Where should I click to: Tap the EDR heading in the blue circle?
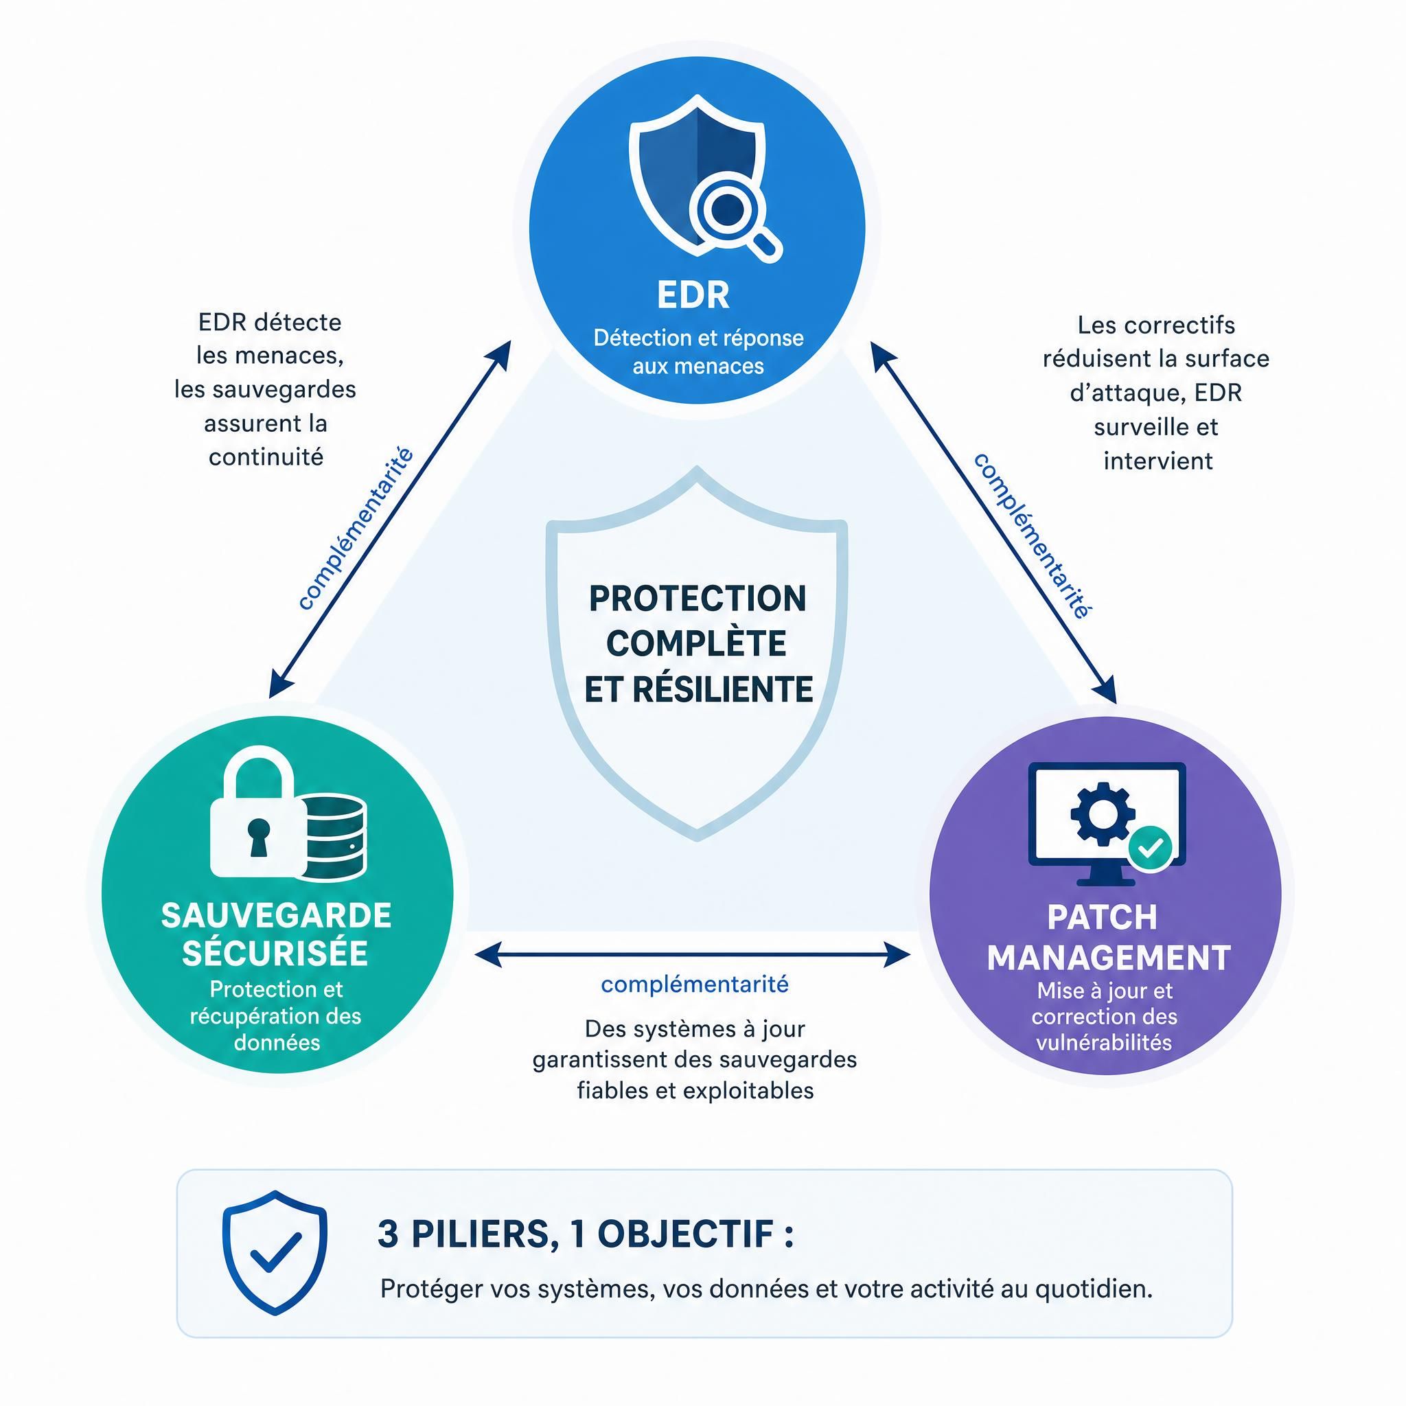click(x=693, y=295)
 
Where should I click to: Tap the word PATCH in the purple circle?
click(x=1102, y=918)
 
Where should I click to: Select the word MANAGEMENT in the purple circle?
click(x=1108, y=958)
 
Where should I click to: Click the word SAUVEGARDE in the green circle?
click(x=276, y=916)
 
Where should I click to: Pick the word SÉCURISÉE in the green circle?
click(x=275, y=954)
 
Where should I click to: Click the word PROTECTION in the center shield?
click(x=698, y=599)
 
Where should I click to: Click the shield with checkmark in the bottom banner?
click(x=275, y=1252)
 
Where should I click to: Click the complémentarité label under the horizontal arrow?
click(x=694, y=984)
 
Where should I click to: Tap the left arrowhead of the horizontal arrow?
click(x=487, y=954)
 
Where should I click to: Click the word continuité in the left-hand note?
click(x=266, y=457)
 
